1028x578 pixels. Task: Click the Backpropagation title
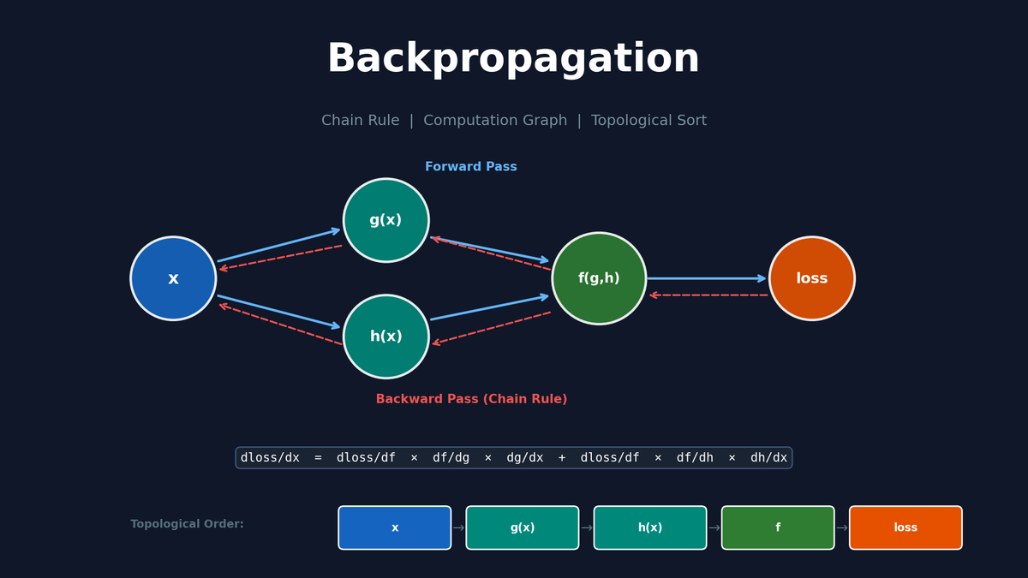[x=513, y=60]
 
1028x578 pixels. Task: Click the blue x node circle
[x=173, y=278]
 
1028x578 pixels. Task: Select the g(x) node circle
[x=385, y=220]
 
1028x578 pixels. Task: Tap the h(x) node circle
[x=385, y=337]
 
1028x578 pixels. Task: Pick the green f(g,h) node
[x=599, y=278]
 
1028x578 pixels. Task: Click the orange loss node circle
[x=811, y=278]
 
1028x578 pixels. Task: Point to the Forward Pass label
[x=470, y=167]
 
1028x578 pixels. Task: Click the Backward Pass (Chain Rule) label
[x=471, y=399]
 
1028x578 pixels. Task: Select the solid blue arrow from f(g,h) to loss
[x=706, y=278]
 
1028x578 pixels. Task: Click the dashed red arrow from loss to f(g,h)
[x=708, y=295]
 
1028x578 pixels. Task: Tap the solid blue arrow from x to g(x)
[x=278, y=246]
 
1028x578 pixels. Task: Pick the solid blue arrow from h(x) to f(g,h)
[x=489, y=308]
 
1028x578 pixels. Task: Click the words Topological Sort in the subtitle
[x=648, y=121]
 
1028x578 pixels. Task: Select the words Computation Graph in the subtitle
[x=494, y=121]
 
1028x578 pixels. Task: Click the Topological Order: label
[x=187, y=524]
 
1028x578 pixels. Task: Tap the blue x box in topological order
[x=394, y=527]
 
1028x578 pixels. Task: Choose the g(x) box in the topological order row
[x=522, y=527]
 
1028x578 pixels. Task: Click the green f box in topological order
[x=777, y=527]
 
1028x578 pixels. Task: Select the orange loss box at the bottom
[x=905, y=527]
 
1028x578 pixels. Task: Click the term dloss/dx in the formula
[x=270, y=458]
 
